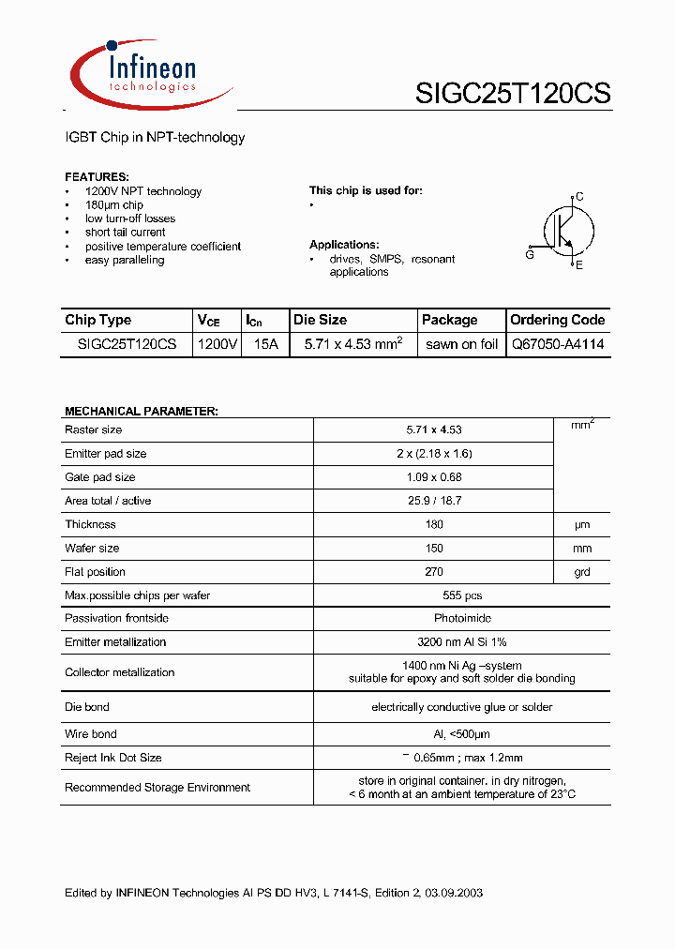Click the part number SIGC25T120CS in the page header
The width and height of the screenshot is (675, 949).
coord(513,94)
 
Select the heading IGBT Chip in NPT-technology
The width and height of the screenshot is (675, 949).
coord(155,138)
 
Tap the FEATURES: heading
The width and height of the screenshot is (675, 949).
coord(97,177)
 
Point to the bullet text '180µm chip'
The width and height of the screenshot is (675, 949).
coord(113,205)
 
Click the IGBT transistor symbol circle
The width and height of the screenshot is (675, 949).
coord(566,231)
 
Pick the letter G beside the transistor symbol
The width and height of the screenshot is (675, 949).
coord(530,254)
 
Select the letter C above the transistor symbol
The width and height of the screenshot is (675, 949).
coord(579,197)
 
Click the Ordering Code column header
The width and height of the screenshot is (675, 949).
coord(557,320)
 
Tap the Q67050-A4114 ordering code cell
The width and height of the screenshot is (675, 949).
coord(557,344)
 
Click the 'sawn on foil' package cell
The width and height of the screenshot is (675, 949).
coord(461,344)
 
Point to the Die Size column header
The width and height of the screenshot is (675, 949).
coord(320,320)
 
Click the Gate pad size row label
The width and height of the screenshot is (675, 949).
coord(99,477)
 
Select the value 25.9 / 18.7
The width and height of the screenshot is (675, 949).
coord(434,501)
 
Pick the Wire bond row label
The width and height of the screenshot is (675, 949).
coord(91,734)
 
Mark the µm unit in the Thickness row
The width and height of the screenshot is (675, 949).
coord(582,525)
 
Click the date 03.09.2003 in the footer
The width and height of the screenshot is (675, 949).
coord(453,893)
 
